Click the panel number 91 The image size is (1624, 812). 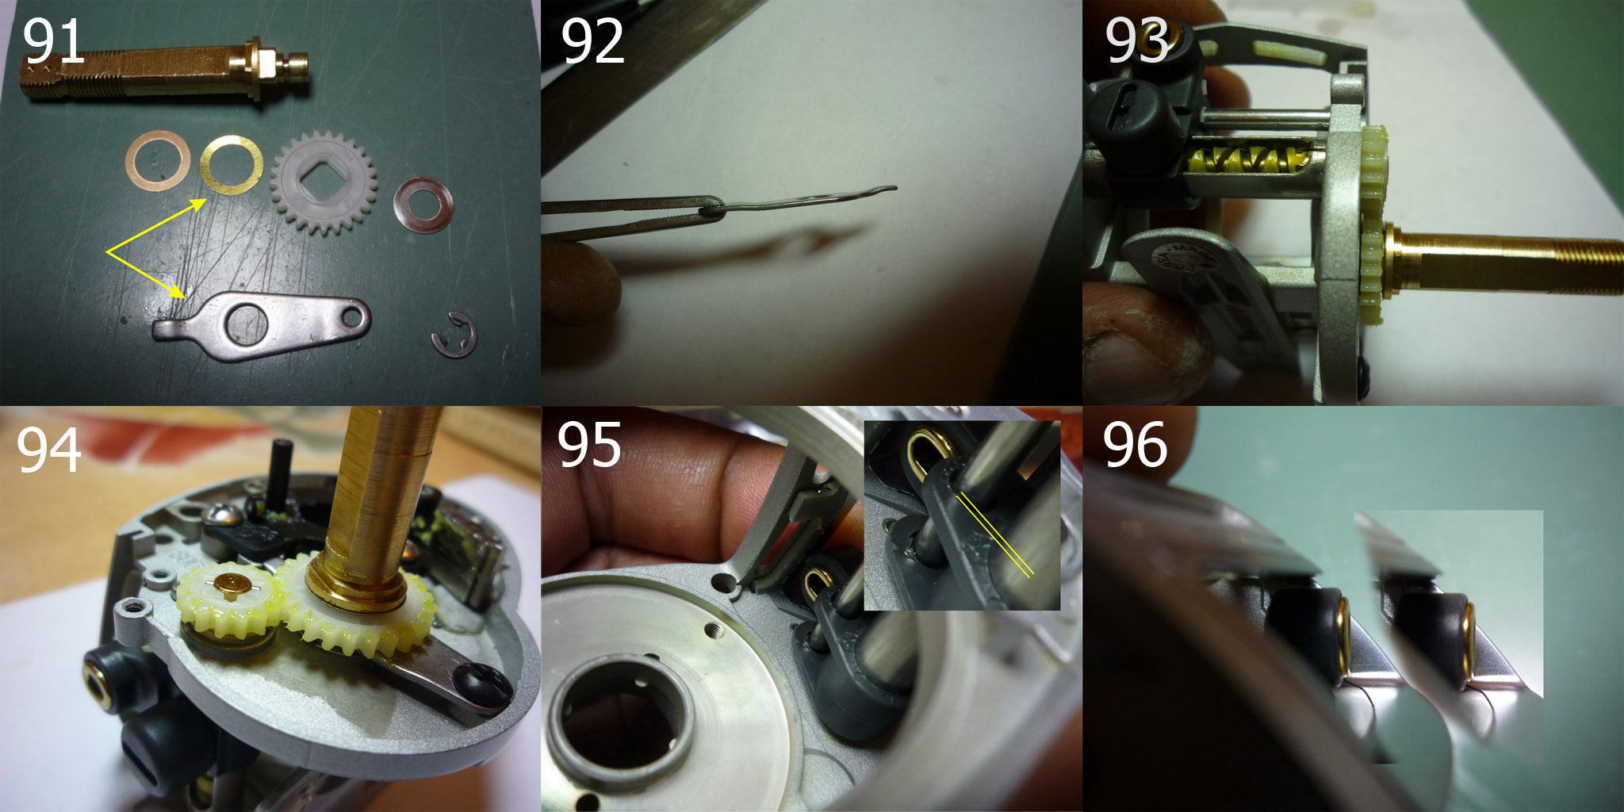coord(53,41)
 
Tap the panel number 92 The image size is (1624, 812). coord(592,42)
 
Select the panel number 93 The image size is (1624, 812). coord(1137,41)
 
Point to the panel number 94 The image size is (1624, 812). coord(49,450)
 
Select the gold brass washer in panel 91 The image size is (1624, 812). coord(232,163)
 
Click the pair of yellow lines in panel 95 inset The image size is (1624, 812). coord(994,534)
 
